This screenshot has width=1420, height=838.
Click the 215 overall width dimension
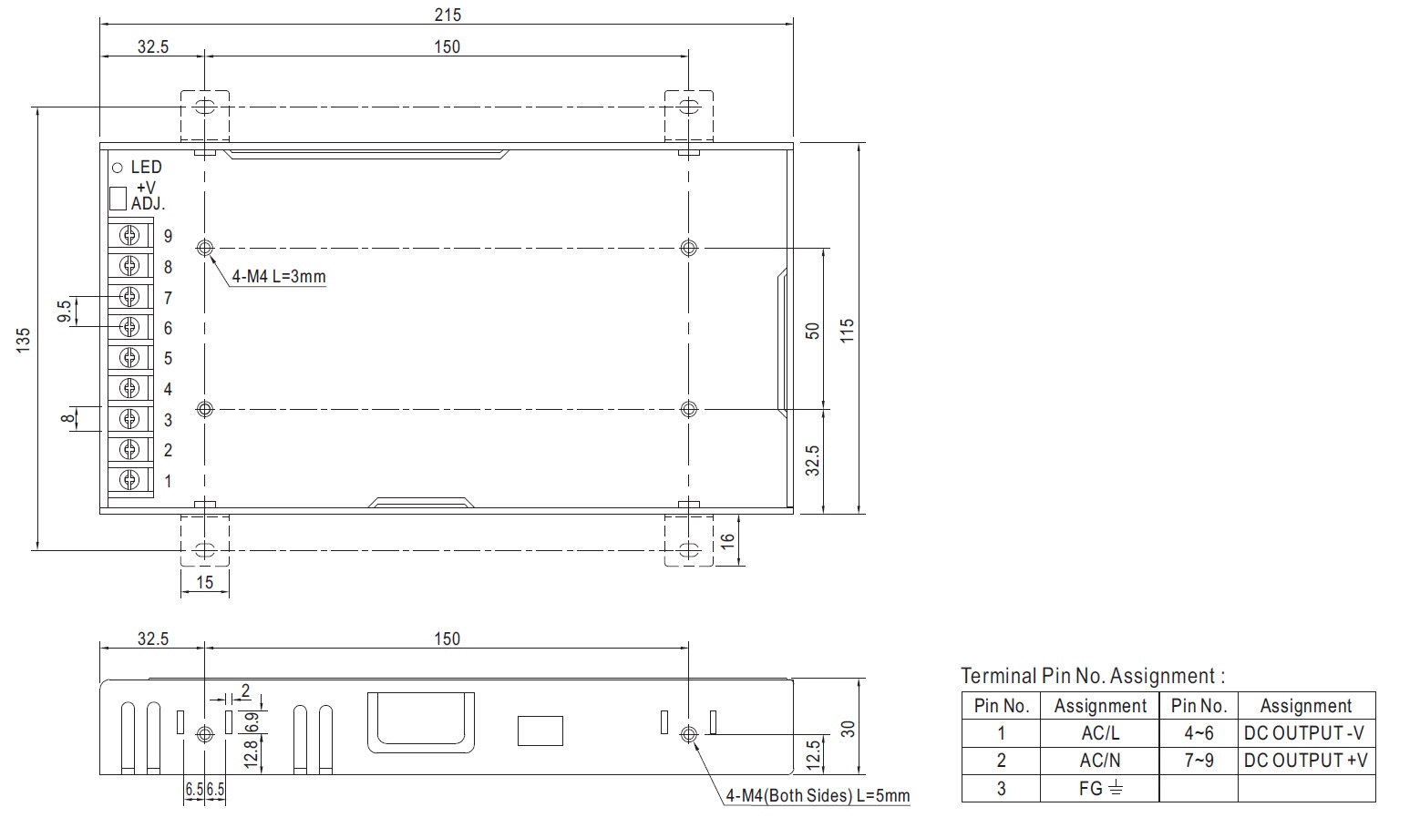pos(448,15)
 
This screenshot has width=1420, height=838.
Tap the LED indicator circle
pos(118,168)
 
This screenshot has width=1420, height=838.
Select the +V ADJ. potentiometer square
pos(118,199)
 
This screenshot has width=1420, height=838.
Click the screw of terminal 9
pos(129,236)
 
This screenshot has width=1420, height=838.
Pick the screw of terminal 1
pos(129,480)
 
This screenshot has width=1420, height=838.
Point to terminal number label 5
pos(168,359)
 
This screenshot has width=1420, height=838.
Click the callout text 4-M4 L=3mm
pos(279,276)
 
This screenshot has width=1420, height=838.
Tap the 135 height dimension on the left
pos(23,340)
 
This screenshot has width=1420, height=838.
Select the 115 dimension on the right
pos(847,331)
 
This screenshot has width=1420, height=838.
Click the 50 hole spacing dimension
pos(812,331)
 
